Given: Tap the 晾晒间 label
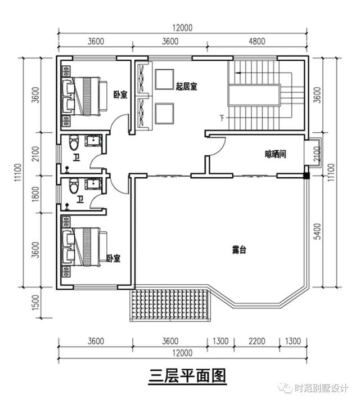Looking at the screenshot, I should pos(276,154).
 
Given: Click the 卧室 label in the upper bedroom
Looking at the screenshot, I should pos(119,95).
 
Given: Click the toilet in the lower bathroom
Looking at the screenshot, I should pos(71,185).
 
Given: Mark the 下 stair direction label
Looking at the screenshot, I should pos(222,118).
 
